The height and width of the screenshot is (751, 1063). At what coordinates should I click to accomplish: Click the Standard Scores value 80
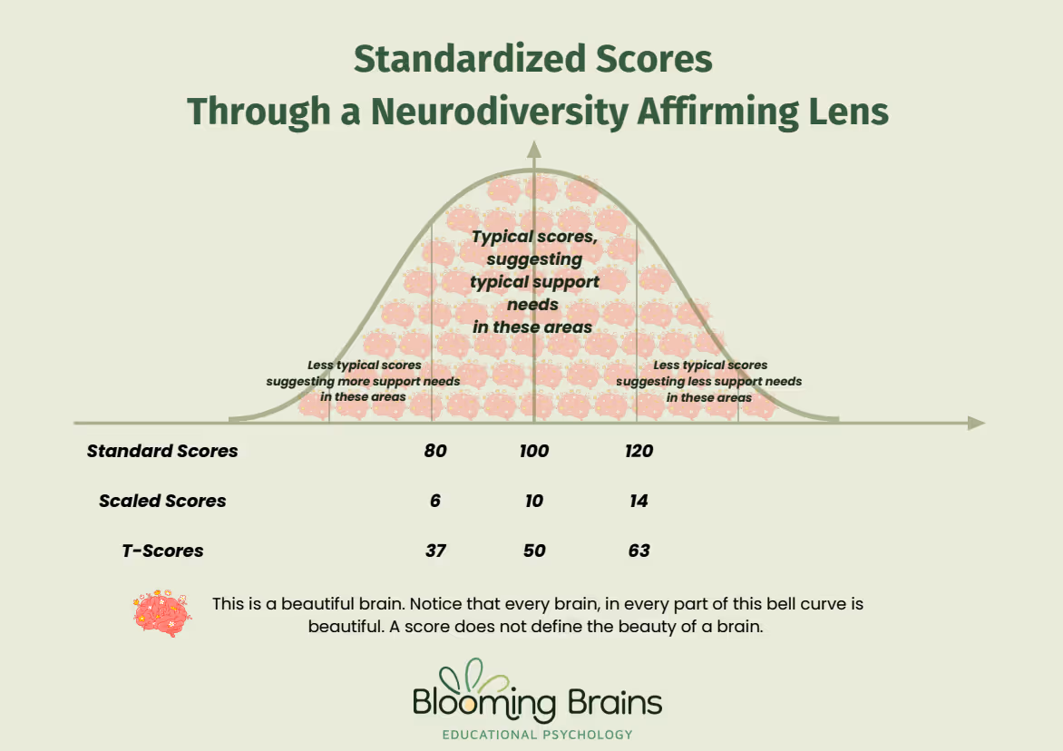tap(435, 451)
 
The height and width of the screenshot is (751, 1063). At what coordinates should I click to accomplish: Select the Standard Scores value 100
tap(534, 451)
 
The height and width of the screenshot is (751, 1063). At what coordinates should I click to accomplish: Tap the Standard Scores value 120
tap(639, 451)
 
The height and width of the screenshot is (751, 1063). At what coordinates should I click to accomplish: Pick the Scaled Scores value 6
tap(435, 501)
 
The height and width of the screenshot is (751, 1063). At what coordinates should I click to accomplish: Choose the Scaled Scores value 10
tap(534, 501)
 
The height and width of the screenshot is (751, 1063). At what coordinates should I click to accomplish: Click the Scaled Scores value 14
tap(639, 501)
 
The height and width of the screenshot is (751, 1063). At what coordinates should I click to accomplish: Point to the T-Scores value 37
tap(435, 551)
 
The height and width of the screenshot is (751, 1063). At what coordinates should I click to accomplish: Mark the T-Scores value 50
tap(534, 551)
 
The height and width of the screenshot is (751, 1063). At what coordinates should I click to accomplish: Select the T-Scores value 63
tap(639, 551)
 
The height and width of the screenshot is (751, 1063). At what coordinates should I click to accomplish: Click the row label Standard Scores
tap(162, 451)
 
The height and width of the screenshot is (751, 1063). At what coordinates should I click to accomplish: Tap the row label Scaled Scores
tap(162, 501)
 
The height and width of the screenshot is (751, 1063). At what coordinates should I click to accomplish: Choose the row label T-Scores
tap(162, 551)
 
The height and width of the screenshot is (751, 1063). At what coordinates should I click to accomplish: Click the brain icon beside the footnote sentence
tap(162, 613)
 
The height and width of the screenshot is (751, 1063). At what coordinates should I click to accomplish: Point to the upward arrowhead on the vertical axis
tap(534, 151)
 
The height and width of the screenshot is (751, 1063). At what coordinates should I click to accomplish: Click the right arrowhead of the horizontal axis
tap(976, 423)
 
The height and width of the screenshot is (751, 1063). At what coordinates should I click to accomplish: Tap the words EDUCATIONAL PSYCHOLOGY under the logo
tap(537, 735)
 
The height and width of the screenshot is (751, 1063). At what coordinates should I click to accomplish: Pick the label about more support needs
tap(363, 381)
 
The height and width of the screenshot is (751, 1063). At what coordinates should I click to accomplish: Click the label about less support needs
tap(709, 381)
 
